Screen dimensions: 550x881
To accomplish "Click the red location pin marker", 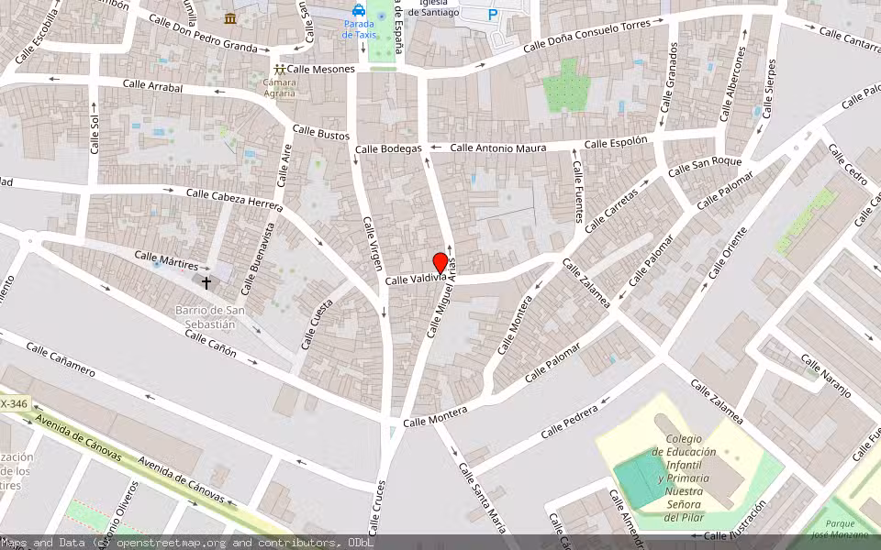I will pos(440,263).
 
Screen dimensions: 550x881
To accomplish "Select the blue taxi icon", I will pos(358,10).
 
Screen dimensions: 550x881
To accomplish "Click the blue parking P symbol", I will pos(493,15).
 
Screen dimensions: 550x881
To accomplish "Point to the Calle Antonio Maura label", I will pos(497,148).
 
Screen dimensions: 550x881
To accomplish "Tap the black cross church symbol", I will pos(206,283).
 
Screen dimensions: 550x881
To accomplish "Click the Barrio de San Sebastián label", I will pos(210,316).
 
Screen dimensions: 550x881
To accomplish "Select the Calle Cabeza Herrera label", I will pos(234,199).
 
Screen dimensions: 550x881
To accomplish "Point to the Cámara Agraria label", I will pos(279,88).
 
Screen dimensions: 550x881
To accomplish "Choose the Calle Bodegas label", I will pos(388,148).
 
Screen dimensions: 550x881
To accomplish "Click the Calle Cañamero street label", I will pos(61,359).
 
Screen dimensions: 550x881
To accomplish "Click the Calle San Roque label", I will pos(705,166).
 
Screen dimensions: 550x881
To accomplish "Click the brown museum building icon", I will pos(230,17).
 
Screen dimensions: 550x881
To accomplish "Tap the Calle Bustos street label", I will pos(320,134).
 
